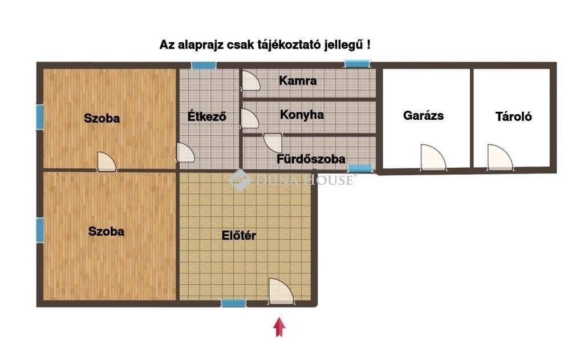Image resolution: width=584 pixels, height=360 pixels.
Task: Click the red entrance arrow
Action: (279, 327)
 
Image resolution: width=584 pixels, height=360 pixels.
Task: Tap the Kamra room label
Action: (298, 80)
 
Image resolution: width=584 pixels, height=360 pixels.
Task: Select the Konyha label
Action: (302, 115)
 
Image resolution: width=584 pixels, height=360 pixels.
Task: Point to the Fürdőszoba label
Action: (311, 159)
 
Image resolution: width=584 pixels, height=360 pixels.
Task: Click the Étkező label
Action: (206, 116)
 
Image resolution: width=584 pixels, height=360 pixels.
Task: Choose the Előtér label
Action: (239, 235)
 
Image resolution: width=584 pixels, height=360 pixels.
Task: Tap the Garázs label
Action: (423, 115)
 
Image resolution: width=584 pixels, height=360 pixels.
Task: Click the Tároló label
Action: (513, 116)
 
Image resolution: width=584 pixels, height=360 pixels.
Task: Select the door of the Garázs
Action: (433, 157)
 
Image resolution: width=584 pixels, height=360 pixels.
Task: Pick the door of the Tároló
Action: (500, 157)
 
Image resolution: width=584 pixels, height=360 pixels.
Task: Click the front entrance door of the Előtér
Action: (281, 292)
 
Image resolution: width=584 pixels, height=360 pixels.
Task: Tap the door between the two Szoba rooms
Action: (107, 161)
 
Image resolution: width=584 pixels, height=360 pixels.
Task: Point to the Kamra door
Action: (251, 80)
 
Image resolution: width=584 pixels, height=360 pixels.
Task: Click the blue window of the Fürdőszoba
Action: (360, 169)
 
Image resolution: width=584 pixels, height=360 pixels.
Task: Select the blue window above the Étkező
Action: (204, 65)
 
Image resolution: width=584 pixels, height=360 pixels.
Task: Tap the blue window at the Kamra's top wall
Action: (357, 64)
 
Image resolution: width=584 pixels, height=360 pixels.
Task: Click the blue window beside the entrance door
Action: (233, 304)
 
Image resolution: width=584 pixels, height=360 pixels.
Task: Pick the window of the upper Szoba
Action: (40, 117)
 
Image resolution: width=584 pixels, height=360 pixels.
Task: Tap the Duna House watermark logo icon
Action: (240, 180)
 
